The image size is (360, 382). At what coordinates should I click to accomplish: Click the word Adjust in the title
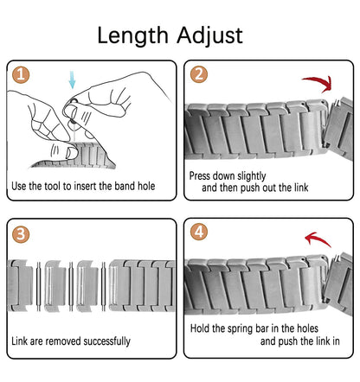208,36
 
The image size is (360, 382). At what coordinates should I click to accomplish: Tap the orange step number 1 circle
23,76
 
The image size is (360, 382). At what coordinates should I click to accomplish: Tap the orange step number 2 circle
198,76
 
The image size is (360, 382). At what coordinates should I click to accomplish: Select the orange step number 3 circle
23,234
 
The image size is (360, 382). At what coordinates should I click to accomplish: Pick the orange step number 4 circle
198,234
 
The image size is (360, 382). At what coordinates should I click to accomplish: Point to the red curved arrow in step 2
321,84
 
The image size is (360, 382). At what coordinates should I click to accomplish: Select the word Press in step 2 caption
202,175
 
